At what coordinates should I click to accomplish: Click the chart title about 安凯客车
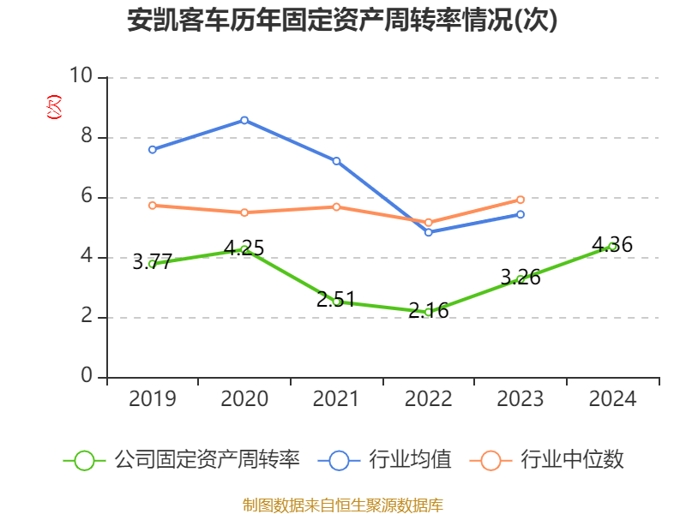(342, 21)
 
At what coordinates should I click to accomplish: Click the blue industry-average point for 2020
(244, 120)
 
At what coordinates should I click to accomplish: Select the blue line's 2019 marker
(152, 150)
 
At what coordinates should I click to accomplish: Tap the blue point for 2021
(336, 161)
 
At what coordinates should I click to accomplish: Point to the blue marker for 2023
(521, 214)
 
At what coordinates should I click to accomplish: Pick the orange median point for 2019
(152, 206)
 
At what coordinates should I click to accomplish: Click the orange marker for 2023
(521, 200)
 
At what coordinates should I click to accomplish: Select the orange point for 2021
(336, 206)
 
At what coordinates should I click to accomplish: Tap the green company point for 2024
(612, 246)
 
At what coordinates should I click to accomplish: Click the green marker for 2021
(336, 302)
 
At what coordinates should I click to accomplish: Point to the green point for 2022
(428, 312)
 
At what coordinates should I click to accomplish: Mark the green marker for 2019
(152, 264)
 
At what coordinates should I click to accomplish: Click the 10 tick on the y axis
(81, 77)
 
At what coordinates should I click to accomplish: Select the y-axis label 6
(86, 197)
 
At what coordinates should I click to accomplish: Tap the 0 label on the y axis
(86, 377)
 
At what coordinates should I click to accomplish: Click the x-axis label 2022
(428, 399)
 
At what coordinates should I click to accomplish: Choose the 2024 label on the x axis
(612, 399)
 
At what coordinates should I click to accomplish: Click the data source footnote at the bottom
(342, 505)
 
